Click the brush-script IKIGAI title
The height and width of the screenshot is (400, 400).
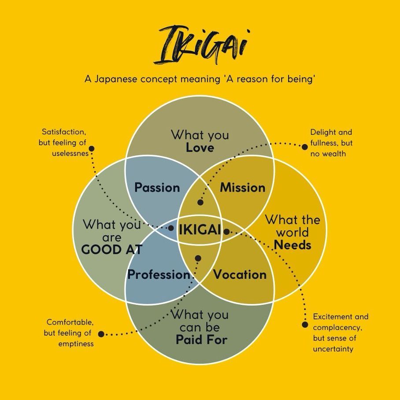coord(201,44)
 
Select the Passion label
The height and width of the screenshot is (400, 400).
coord(157,188)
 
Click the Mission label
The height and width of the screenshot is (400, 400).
coord(243,188)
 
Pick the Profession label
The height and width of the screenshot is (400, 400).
coord(159,274)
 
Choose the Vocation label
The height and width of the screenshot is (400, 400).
coord(240,274)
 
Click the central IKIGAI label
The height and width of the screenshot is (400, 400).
coord(200,230)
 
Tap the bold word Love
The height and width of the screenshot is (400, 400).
coord(200,148)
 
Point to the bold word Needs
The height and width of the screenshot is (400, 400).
coord(293,245)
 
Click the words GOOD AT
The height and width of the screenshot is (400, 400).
coord(112,249)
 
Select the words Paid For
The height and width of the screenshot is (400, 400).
coord(201,340)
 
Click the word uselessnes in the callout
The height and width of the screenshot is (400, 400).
coord(70,153)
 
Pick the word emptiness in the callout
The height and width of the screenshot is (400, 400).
coord(76,344)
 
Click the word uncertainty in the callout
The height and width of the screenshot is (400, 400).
coord(333,349)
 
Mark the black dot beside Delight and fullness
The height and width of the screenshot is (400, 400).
coord(304,147)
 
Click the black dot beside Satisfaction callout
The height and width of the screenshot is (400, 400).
coord(92,149)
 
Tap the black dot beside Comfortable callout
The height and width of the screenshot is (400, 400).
coord(101,334)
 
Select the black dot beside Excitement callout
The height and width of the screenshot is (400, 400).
coord(305,325)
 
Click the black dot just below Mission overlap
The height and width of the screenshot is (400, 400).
coord(200,203)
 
